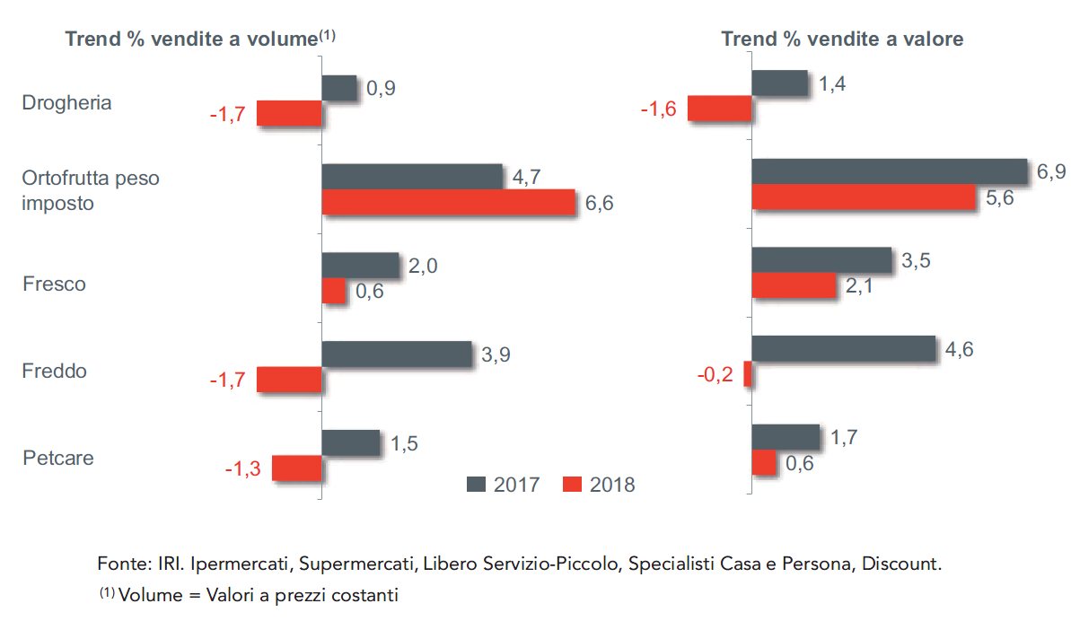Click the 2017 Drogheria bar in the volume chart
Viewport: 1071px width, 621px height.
[339, 88]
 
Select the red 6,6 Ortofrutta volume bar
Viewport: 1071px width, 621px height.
[448, 202]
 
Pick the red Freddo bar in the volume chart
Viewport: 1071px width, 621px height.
[289, 380]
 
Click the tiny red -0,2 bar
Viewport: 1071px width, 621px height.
[748, 374]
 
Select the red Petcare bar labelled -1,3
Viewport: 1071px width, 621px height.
[296, 468]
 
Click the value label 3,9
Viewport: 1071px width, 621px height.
[496, 354]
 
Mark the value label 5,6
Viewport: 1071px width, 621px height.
[999, 198]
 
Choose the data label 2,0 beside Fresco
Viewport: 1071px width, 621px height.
[423, 266]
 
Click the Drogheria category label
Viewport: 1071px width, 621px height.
[66, 102]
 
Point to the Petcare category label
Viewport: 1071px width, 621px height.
[57, 458]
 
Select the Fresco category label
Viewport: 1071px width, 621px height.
[54, 284]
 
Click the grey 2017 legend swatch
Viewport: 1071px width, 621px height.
[477, 485]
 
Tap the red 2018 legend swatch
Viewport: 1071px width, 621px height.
[573, 485]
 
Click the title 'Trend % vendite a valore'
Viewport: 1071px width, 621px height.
[842, 39]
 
